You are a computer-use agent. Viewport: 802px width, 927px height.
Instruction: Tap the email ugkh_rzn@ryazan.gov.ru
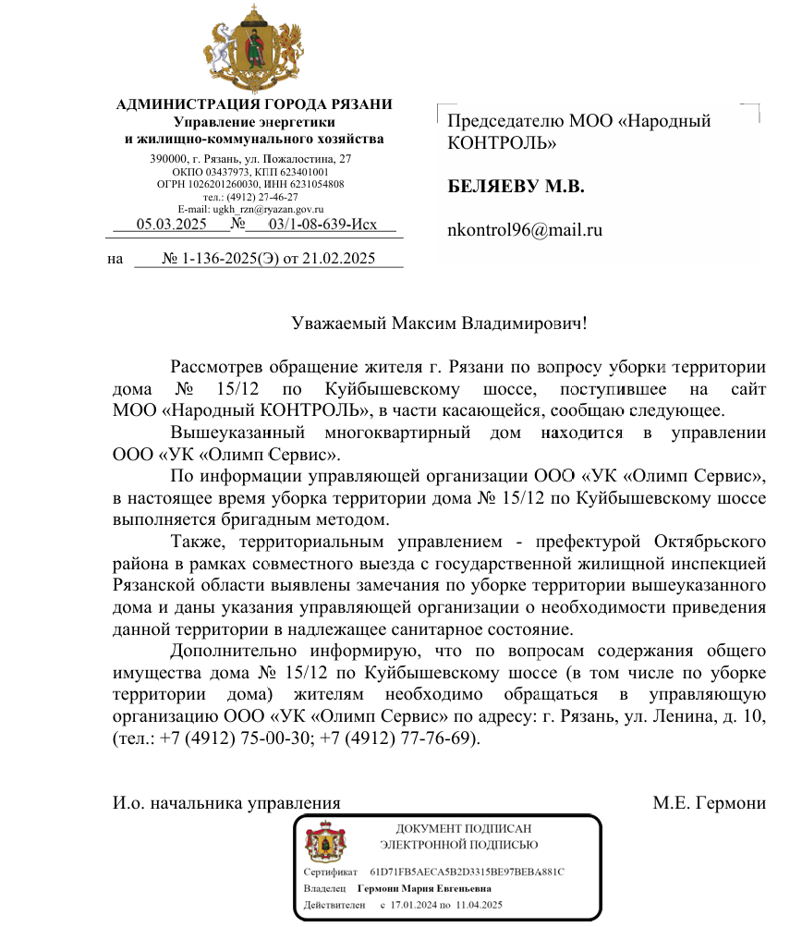click(252, 210)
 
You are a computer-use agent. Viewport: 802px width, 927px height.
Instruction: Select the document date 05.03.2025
click(171, 225)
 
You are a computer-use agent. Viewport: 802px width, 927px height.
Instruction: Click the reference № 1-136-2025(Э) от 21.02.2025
click(269, 259)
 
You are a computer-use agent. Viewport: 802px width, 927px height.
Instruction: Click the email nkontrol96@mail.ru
click(524, 230)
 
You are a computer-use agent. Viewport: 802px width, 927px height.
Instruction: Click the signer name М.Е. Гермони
click(709, 802)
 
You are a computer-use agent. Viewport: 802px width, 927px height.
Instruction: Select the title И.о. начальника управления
click(226, 802)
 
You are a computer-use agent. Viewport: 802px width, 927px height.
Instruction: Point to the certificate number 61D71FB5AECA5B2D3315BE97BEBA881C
click(467, 872)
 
